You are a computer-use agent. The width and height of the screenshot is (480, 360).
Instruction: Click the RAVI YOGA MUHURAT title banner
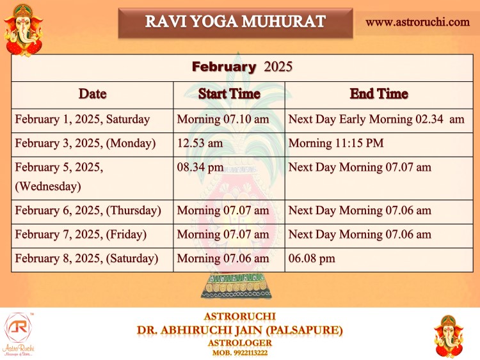pyautogui.click(x=236, y=23)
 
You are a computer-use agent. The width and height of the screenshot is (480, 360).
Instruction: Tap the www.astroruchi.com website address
pyautogui.click(x=417, y=22)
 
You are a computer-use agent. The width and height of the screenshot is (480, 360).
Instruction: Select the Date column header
pyautogui.click(x=92, y=93)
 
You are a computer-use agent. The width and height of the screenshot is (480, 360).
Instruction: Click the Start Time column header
pyautogui.click(x=229, y=93)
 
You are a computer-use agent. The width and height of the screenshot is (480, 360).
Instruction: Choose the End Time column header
pyautogui.click(x=379, y=93)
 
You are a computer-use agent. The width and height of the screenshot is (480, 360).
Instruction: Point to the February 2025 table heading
pyautogui.click(x=242, y=67)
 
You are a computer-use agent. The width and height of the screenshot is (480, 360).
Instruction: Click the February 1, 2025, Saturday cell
pyautogui.click(x=83, y=120)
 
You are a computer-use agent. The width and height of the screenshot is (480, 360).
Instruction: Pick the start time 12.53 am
pyautogui.click(x=200, y=143)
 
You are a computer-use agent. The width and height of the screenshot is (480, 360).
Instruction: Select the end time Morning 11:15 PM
pyautogui.click(x=336, y=143)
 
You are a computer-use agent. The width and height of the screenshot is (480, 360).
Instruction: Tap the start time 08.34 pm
pyautogui.click(x=200, y=168)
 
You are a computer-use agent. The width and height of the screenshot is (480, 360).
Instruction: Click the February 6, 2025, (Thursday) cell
pyautogui.click(x=88, y=210)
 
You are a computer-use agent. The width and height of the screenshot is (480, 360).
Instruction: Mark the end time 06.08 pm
pyautogui.click(x=312, y=258)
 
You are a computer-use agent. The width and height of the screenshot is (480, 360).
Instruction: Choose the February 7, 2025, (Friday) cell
pyautogui.click(x=81, y=235)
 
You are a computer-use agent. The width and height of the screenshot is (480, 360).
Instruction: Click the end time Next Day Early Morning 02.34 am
pyautogui.click(x=376, y=120)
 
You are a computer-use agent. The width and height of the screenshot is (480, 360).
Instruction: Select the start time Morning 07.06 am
pyautogui.click(x=223, y=258)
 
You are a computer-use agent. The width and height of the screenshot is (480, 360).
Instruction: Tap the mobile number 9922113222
pyautogui.click(x=250, y=353)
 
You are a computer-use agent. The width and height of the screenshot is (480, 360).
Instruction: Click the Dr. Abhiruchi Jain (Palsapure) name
pyautogui.click(x=240, y=331)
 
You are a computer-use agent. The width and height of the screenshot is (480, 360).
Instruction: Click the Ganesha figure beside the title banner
pyautogui.click(x=23, y=30)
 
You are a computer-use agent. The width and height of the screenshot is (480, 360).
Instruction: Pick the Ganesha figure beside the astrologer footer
pyautogui.click(x=449, y=336)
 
